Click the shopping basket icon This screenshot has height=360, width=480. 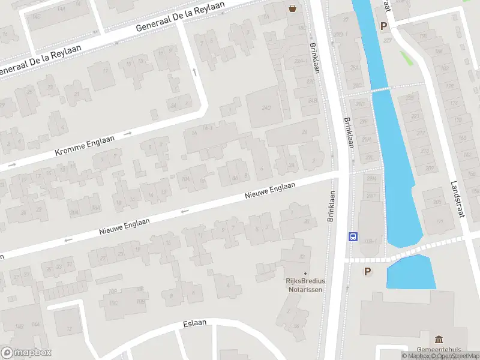[292, 8]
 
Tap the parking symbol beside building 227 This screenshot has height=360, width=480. [383, 26]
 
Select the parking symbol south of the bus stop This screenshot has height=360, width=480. [367, 272]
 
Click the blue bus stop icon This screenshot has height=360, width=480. [353, 236]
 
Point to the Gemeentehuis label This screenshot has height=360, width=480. [439, 350]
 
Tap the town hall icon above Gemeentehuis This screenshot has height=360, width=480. [439, 339]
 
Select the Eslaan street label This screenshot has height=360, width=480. [194, 323]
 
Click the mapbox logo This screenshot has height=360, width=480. [26, 352]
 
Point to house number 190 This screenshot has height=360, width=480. [423, 36]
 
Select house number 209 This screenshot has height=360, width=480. [428, 169]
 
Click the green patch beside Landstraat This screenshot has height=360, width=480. [406, 58]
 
